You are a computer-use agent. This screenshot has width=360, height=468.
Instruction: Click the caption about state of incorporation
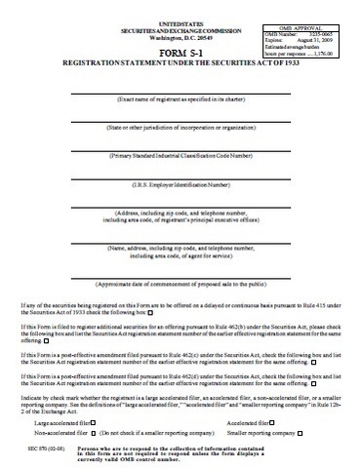[x=180, y=128]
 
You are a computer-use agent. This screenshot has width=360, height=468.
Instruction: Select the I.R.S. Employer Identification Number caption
[x=180, y=183]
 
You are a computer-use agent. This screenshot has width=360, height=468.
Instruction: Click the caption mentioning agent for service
[x=180, y=253]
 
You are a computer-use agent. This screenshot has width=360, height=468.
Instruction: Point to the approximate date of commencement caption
[x=180, y=285]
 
